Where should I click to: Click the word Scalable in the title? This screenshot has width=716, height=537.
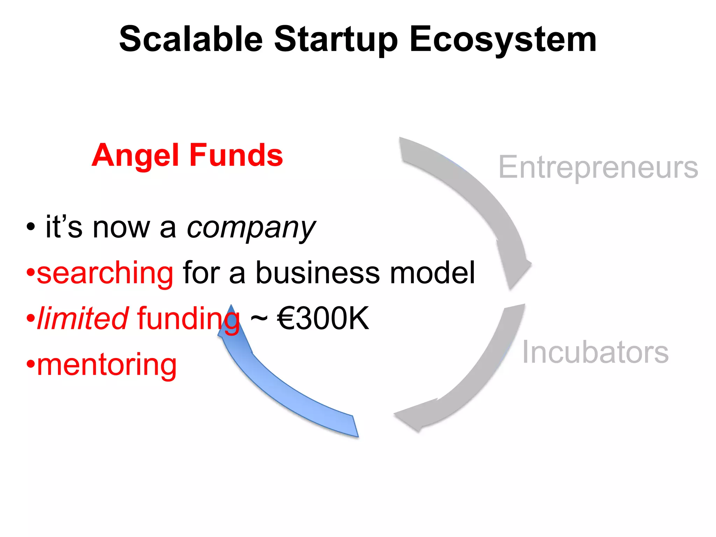[x=191, y=39]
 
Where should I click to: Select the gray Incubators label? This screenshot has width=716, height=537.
[x=595, y=352]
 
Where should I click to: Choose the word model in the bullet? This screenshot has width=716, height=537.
[x=432, y=273]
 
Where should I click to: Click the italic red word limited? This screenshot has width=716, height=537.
[x=83, y=318]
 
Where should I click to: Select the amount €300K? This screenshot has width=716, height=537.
[x=323, y=318]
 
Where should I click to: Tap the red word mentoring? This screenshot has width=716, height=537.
[x=107, y=365]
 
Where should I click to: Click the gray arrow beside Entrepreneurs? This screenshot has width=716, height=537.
[x=479, y=203]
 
